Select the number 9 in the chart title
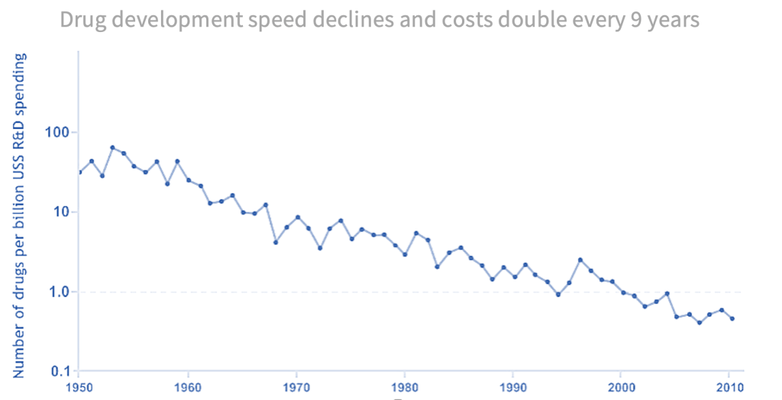coord(635,21)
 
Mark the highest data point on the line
coord(112,147)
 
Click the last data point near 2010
coord(732,318)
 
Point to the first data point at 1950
coord(80,172)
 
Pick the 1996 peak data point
coord(580,260)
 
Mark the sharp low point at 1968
coord(276,242)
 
